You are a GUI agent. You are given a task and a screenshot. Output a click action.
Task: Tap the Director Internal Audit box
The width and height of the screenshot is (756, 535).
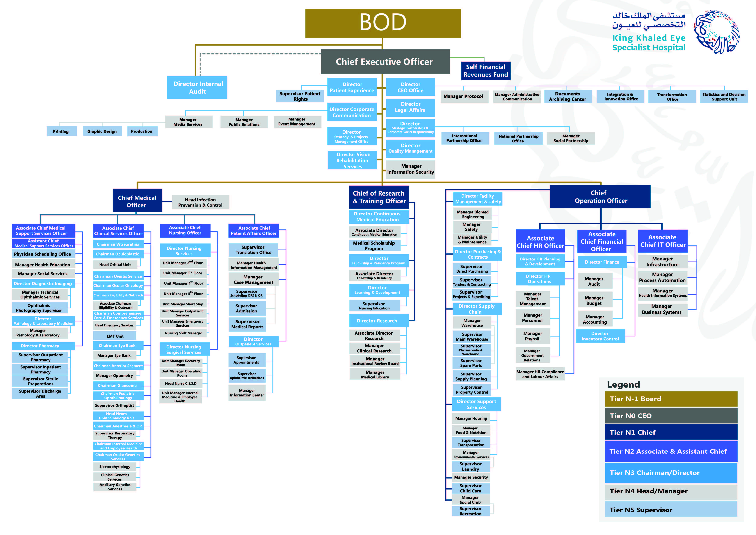click(197, 87)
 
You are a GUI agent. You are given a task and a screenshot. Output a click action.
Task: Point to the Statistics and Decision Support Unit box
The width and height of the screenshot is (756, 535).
click(724, 97)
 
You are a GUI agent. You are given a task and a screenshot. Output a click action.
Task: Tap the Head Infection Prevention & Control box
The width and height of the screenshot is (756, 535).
click(201, 202)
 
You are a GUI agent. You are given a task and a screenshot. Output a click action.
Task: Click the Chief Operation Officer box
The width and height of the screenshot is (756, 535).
click(600, 197)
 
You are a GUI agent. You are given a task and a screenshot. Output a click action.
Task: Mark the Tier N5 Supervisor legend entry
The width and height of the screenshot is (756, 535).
click(671, 509)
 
